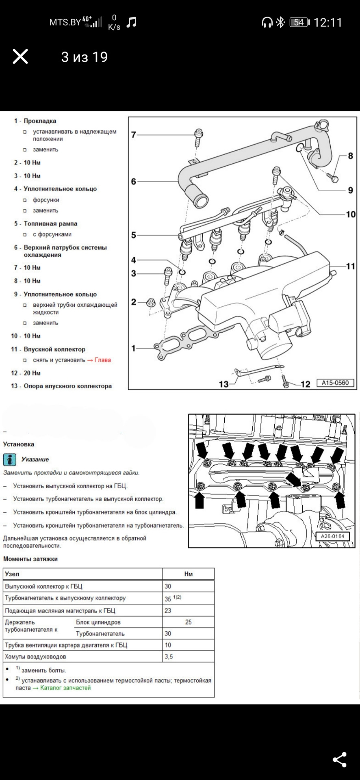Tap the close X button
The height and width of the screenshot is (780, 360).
20,56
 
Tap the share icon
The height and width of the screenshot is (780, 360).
340,760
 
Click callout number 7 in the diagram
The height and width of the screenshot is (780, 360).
134,134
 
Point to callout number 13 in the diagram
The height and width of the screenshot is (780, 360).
224,383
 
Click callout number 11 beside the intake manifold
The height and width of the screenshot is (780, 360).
350,266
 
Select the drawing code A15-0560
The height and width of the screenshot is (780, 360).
335,383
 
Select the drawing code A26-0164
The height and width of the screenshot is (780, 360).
332,536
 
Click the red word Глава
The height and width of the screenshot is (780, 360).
103,360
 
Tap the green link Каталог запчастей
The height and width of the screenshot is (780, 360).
65,688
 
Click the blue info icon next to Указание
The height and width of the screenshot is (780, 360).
10,459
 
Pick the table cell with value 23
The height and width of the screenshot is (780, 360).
189,611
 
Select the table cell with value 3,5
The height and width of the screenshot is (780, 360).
189,656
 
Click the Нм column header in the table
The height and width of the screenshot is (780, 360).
189,574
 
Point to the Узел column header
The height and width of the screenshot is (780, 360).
12,574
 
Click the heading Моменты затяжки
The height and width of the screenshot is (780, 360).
30,559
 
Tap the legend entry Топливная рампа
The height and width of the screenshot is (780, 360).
50,223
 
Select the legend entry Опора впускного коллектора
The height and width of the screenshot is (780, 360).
67,386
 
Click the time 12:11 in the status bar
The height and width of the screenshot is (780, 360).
328,22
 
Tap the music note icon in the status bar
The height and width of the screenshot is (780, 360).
131,22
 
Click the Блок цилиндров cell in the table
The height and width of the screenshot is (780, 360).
98,622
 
